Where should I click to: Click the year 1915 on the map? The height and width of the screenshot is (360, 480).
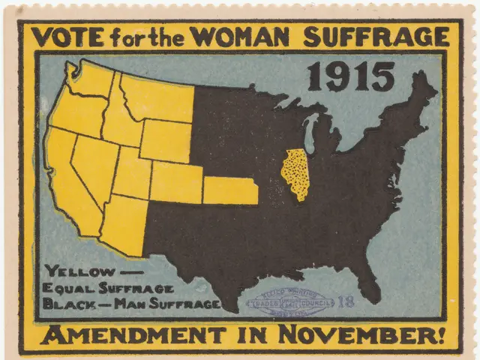pyautogui.click(x=350, y=76)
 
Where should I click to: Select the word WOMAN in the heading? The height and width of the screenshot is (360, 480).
pyautogui.click(x=233, y=37)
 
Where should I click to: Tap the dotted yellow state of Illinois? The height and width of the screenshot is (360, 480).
pyautogui.click(x=295, y=173)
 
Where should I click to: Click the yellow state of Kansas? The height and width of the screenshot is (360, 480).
pyautogui.click(x=230, y=190)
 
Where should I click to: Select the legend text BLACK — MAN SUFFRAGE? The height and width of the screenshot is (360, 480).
pyautogui.click(x=131, y=304)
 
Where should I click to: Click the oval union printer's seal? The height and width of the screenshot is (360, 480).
pyautogui.click(x=292, y=301)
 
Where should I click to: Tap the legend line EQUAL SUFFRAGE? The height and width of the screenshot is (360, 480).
pyautogui.click(x=109, y=288)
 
